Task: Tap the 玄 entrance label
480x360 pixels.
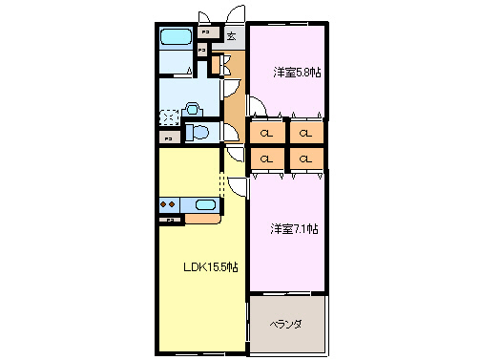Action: coord(231,37)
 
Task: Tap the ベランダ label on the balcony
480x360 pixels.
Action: coord(285,325)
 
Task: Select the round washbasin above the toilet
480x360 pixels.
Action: coord(190,109)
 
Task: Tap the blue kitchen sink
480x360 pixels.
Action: coord(205,203)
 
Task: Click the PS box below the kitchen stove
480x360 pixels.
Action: coord(170,221)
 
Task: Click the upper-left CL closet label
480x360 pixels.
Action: coord(266,133)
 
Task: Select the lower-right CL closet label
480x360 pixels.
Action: coord(305,159)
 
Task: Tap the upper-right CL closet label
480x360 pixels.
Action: coord(305,133)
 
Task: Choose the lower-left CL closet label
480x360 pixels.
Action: coord(266,159)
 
